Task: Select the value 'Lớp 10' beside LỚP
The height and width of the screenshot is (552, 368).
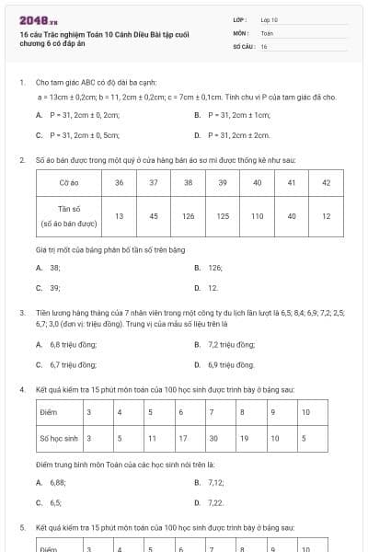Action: [269, 19]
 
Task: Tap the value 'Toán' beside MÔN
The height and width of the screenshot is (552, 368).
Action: [267, 32]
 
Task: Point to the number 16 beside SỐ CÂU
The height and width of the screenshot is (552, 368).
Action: [264, 45]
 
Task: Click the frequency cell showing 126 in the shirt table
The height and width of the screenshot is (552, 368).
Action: [189, 216]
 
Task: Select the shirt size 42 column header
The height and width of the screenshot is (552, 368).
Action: [326, 183]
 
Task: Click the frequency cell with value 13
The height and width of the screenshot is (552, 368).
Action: [120, 216]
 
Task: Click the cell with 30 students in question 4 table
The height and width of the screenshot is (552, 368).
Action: [213, 439]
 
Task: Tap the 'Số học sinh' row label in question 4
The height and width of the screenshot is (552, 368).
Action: [59, 439]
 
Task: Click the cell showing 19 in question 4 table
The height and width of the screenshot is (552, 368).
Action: [244, 439]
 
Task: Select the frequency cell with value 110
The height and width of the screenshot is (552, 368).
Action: [257, 216]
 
